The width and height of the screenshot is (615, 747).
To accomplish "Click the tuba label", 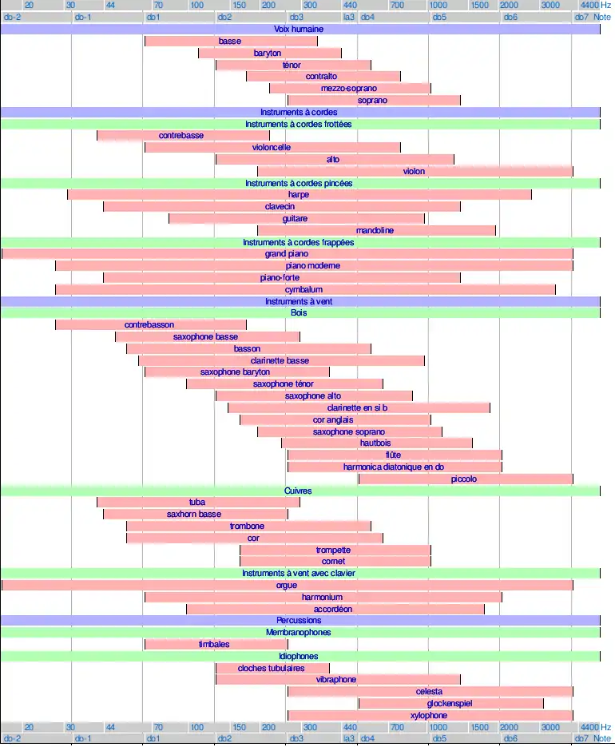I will click(x=197, y=503).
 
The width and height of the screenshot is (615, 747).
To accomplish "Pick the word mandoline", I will click(x=375, y=231).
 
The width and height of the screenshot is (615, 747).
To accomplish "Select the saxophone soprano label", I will click(x=349, y=432).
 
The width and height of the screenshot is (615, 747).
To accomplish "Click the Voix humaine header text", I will click(x=300, y=29).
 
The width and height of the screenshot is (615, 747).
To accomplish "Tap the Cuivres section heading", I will click(x=298, y=491).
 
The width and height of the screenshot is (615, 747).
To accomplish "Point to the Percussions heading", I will click(x=299, y=621).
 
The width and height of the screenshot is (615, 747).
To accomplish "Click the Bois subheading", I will click(x=299, y=313).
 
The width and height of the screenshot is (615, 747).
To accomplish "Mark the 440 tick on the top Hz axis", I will click(x=350, y=5).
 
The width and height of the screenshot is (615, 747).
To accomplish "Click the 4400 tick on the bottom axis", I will click(x=589, y=727).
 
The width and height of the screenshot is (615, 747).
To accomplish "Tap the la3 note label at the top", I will click(x=349, y=17).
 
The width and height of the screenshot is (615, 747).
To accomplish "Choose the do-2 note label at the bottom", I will click(x=13, y=739).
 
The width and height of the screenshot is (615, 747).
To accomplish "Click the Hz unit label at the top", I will click(x=606, y=5).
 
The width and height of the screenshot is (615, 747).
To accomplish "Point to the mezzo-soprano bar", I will click(x=349, y=89).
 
